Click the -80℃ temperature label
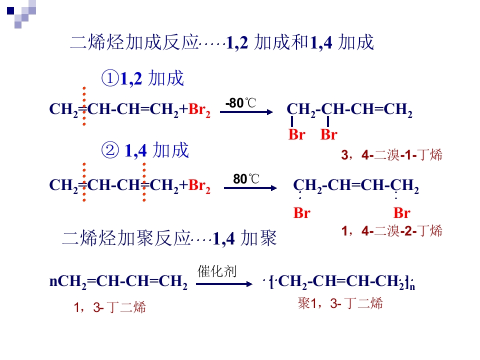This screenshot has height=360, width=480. pos(240,103)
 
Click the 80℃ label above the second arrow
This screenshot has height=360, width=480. pos(246,179)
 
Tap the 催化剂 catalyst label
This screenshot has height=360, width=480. pos(217,271)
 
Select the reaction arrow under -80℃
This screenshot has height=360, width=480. pos(246,112)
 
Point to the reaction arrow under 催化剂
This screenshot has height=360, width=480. pos(224,284)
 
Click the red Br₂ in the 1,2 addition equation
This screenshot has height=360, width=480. pos(199,109)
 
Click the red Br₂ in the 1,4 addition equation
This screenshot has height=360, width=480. pos(199,186)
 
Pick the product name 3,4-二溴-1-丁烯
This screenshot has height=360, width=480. pos(392,155)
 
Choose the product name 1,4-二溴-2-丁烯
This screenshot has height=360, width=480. pos(392,231)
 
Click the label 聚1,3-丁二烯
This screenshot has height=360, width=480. pos(340,303)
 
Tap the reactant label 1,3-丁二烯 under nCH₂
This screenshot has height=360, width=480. pos(109,307)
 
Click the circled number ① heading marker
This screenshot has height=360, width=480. pos(110,78)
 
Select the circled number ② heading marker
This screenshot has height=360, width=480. pos(110,150)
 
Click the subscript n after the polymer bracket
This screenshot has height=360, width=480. pos(412,287)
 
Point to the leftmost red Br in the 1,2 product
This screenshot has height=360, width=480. pos(296,134)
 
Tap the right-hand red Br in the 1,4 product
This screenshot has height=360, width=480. pos(402,213)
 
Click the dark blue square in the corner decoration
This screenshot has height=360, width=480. pos(10,10)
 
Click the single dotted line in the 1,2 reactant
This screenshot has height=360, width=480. pos(84,106)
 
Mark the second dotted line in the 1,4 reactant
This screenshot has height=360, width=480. pos(144,182)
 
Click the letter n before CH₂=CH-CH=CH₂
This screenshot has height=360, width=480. pos(53,281)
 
